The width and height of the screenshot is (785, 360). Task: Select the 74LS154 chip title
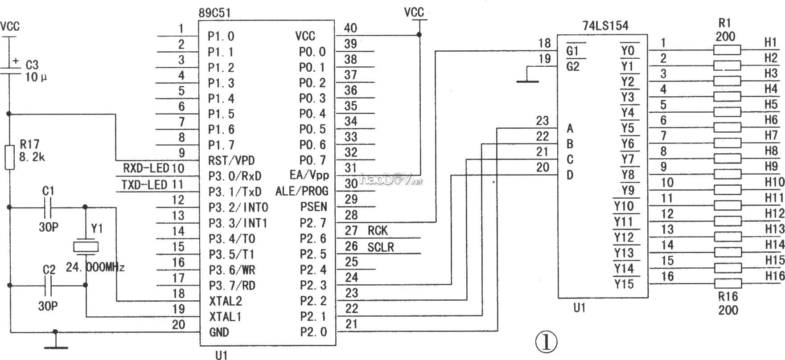coord(605,26)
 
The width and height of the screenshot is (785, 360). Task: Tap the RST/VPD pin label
coord(231,160)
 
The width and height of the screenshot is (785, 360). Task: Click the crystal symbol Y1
coord(85,246)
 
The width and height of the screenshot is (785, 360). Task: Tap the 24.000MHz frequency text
coord(95,267)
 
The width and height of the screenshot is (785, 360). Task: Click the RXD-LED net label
coord(146,168)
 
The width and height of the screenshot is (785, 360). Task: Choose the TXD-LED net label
coord(145,184)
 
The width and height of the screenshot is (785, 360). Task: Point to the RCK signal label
coord(378,231)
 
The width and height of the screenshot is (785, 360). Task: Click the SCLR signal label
coord(381,247)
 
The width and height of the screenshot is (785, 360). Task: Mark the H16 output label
coord(775,276)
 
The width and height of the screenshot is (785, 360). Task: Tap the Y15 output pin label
coord(624,284)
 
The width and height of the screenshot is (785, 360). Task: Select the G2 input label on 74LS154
coord(572,67)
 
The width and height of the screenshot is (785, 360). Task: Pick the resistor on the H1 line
coord(727,50)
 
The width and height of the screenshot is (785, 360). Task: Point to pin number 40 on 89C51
coord(351,28)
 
